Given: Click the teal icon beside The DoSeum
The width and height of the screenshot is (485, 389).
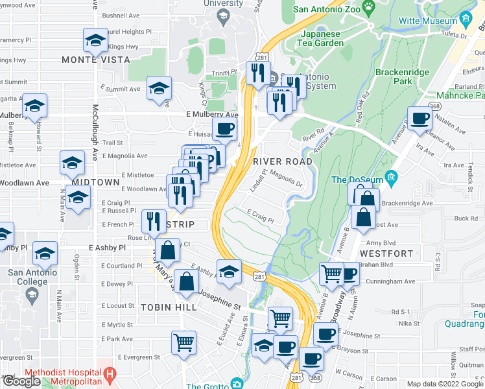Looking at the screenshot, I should click(390, 176).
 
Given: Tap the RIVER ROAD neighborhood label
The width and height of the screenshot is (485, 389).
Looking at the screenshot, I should click(283, 161).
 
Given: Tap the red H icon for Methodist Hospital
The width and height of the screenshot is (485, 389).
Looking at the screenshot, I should click(110, 374).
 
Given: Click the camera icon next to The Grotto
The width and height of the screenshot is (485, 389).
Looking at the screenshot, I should click(237, 385).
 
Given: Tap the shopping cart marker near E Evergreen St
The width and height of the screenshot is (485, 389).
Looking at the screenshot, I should click(184, 342).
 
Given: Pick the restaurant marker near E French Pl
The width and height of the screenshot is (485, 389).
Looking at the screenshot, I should click(154, 222).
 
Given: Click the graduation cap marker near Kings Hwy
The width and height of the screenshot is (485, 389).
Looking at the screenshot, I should click(95, 41).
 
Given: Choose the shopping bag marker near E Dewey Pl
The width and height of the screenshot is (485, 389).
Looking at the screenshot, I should click(187, 282).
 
